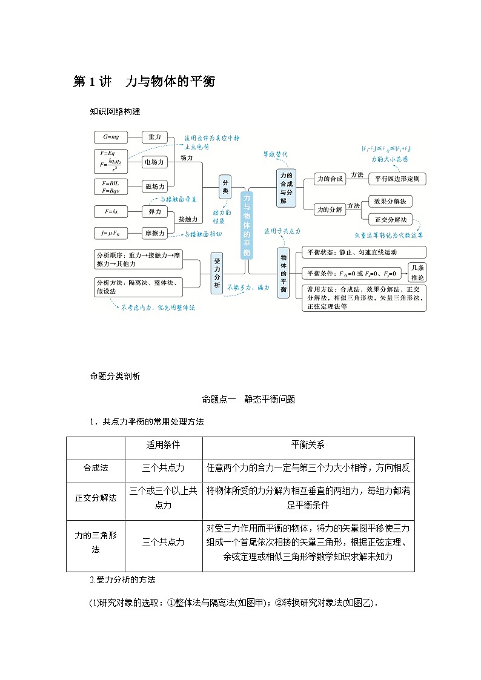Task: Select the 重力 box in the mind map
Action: [x=154, y=137]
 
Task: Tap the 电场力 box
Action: [x=154, y=162]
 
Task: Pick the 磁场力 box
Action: [x=154, y=187]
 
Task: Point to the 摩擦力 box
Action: [x=154, y=232]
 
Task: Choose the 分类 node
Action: [x=225, y=186]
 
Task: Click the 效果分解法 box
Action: [x=390, y=201]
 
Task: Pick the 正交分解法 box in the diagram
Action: [x=390, y=220]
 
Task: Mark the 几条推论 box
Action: [x=417, y=272]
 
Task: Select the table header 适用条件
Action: [x=163, y=444]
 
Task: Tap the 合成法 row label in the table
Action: [x=95, y=468]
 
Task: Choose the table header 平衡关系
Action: [x=308, y=444]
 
